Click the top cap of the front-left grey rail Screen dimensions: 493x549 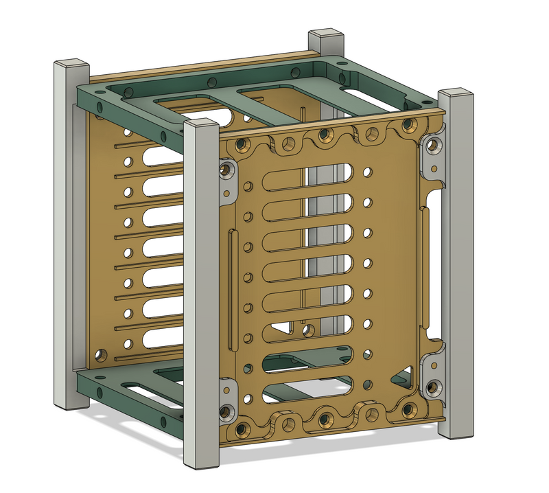202,125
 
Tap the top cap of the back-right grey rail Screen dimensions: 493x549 325,35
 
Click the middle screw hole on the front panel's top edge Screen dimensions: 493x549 325,137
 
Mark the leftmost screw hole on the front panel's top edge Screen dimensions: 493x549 241,145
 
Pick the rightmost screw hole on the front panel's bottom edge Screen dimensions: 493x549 409,410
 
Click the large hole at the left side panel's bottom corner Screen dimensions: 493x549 101,355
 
